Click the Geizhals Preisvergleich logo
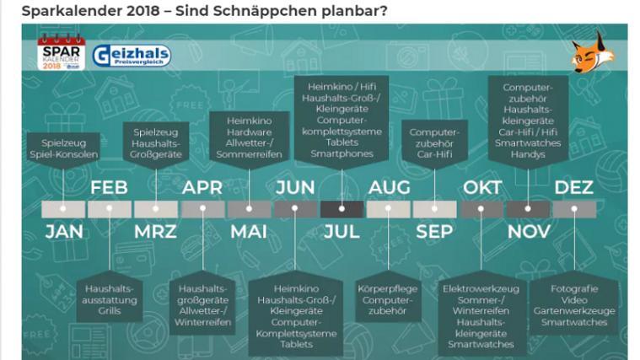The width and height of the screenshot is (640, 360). pyautogui.click(x=132, y=56)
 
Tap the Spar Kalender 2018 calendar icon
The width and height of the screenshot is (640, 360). pyautogui.click(x=62, y=52)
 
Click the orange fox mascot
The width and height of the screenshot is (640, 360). pyautogui.click(x=593, y=51)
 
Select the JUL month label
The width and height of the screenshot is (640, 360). pyautogui.click(x=342, y=232)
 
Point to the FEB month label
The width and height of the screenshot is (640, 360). pyautogui.click(x=109, y=188)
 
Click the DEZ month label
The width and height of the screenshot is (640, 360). pyautogui.click(x=574, y=188)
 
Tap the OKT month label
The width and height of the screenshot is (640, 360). pyautogui.click(x=482, y=188)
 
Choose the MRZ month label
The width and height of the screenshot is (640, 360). pyautogui.click(x=155, y=232)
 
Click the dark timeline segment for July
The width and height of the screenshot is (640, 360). pyautogui.click(x=342, y=209)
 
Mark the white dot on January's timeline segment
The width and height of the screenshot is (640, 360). pyautogui.click(x=63, y=208)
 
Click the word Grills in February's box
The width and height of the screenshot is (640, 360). pyautogui.click(x=110, y=311)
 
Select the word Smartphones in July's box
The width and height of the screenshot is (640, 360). pyautogui.click(x=342, y=154)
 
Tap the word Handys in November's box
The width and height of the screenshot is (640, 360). pyautogui.click(x=528, y=154)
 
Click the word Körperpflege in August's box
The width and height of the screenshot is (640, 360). pyautogui.click(x=388, y=289)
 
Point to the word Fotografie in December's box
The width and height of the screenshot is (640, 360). pyautogui.click(x=574, y=289)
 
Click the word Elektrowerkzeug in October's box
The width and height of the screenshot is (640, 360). pyautogui.click(x=481, y=289)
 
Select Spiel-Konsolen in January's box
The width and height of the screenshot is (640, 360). pyautogui.click(x=64, y=154)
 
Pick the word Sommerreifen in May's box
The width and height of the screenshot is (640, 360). pyautogui.click(x=249, y=154)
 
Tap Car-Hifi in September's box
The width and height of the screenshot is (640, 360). pyautogui.click(x=434, y=154)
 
